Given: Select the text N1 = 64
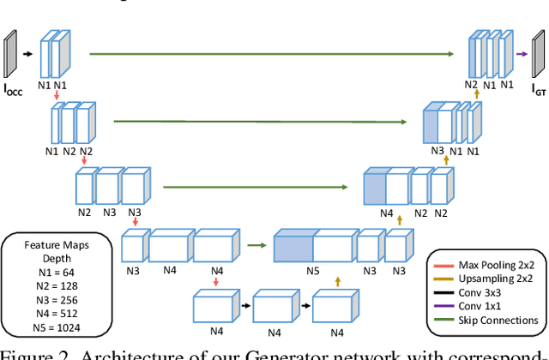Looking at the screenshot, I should pyautogui.click(x=53, y=271).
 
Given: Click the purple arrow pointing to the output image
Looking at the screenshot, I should pyautogui.click(x=521, y=53).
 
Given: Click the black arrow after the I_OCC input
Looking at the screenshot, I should pyautogui.click(x=27, y=53).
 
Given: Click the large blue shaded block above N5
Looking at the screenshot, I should pyautogui.click(x=293, y=246).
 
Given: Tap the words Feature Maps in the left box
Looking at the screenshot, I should pyautogui.click(x=57, y=244).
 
